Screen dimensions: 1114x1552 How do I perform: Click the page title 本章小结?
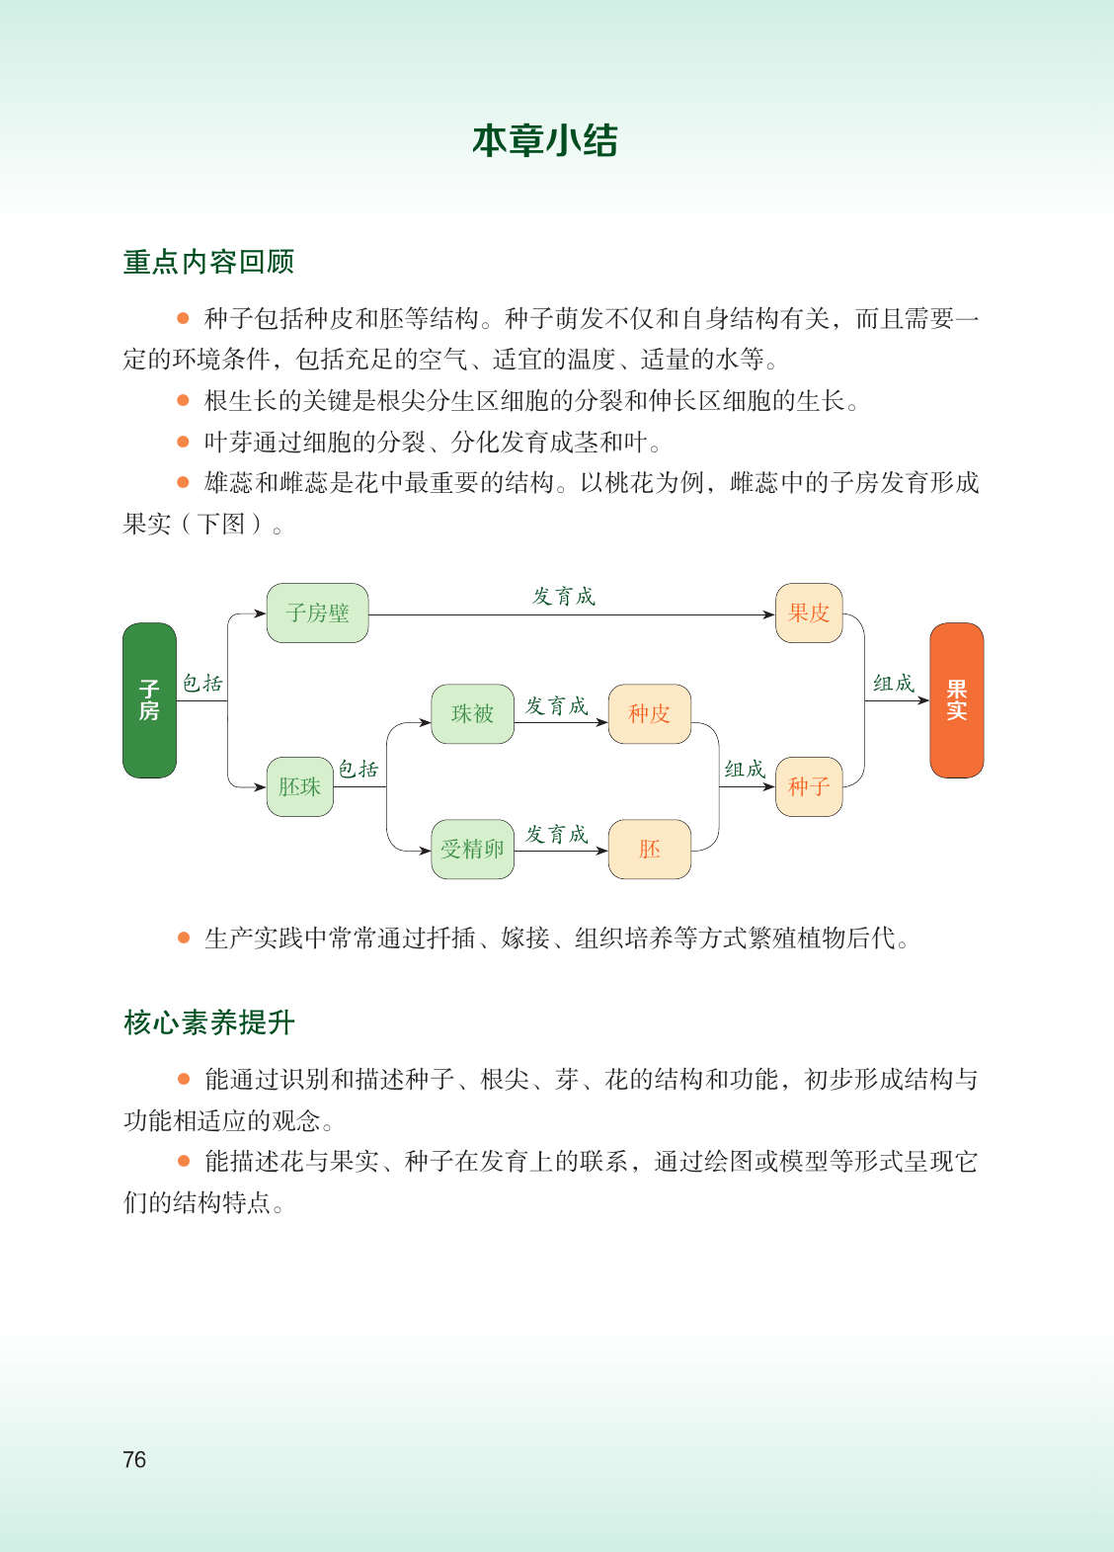tap(544, 140)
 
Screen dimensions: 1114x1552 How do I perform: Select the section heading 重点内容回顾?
tap(208, 262)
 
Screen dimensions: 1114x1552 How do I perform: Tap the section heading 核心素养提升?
tap(209, 1022)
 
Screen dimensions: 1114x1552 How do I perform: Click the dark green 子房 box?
tap(149, 699)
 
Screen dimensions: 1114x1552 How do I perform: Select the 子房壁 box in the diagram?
tap(317, 613)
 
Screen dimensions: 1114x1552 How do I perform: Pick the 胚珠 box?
tap(300, 787)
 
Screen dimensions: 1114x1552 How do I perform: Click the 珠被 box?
tap(472, 714)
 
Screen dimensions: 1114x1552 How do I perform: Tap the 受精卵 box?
tap(472, 850)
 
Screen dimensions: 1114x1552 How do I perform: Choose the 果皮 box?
tap(809, 613)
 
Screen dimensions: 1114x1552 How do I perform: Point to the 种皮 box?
tap(650, 714)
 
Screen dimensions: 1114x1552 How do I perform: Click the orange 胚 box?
tap(650, 850)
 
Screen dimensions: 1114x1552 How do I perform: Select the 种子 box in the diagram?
tap(809, 787)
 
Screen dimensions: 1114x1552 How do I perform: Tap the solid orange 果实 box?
tap(957, 699)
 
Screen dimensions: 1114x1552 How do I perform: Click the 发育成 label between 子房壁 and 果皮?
tap(564, 597)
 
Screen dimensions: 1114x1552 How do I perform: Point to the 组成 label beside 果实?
tap(894, 684)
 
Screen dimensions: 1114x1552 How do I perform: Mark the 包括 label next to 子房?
tap(202, 684)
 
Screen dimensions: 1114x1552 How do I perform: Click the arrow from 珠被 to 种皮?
tap(561, 722)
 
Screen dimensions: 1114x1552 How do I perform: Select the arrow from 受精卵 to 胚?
tap(561, 851)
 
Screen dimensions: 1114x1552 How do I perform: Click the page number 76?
tap(134, 1460)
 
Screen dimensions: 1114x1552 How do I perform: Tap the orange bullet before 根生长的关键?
tap(184, 400)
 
